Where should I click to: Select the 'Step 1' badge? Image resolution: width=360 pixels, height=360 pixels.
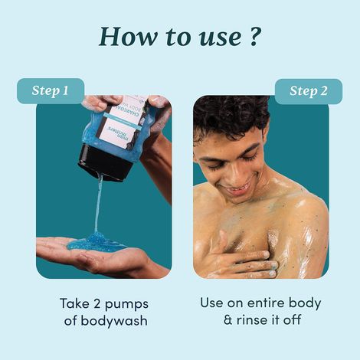pos(51,90)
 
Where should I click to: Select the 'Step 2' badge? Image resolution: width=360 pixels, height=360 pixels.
pos(308,91)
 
